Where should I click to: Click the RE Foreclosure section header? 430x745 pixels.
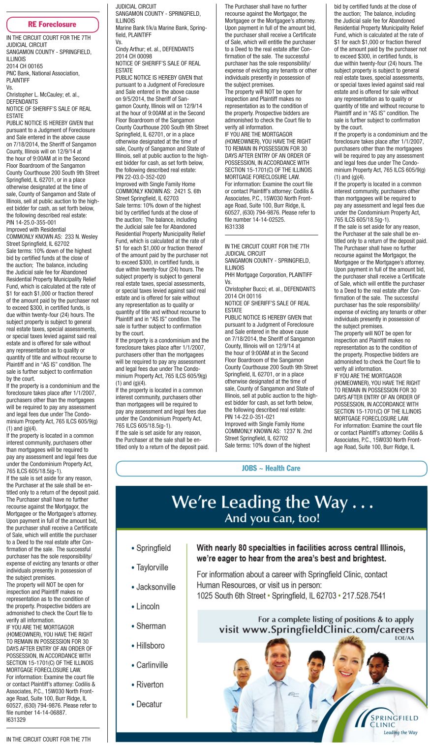(x=52, y=24)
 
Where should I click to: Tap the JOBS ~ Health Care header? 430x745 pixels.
(x=271, y=468)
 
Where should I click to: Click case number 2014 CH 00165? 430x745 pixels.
(x=25, y=66)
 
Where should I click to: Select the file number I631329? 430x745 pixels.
(x=16, y=719)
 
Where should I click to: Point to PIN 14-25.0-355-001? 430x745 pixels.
(x=31, y=222)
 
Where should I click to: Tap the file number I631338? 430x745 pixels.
(x=234, y=227)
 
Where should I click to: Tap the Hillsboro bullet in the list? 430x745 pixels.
(x=150, y=645)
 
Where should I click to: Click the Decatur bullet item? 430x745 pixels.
(x=149, y=704)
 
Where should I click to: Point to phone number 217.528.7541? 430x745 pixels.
(x=364, y=596)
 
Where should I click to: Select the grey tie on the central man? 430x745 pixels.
(x=279, y=703)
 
